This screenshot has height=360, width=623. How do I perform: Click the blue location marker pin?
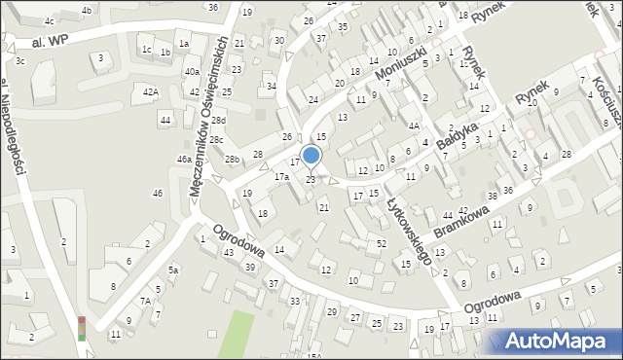[311, 156]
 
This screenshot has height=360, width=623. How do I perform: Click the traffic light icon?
[82, 328]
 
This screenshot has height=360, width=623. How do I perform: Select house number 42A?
[150, 91]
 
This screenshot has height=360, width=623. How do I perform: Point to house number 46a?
[183, 159]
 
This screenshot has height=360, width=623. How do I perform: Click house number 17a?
[281, 177]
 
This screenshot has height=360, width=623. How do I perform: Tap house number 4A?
[414, 126]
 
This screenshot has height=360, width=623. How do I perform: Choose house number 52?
[382, 242]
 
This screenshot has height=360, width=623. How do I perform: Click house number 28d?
[219, 121]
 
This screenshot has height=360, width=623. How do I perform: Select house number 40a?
[193, 71]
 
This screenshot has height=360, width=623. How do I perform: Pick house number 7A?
[144, 302]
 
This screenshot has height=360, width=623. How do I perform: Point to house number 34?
[272, 87]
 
